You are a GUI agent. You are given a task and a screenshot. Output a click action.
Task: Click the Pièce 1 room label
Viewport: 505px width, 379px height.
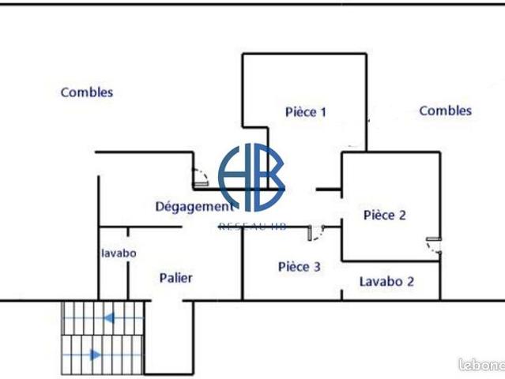coord(306,112)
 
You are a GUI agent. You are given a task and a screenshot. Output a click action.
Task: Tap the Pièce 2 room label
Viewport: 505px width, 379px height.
coord(384,215)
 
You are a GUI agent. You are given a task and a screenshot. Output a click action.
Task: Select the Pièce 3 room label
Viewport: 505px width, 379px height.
coord(300,267)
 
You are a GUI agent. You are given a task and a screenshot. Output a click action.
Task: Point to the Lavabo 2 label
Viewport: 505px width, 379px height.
coord(386,281)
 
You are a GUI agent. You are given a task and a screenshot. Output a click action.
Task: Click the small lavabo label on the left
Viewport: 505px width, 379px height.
coord(119,253)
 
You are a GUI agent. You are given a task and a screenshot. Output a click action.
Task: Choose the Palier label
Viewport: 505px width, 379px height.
coord(175,278)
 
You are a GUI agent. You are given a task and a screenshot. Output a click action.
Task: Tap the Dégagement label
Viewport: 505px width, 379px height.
coord(194,207)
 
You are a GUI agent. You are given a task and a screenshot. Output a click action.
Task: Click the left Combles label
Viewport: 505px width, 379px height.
coord(87,92)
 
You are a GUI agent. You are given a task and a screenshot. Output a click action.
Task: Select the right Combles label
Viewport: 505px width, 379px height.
coord(445,111)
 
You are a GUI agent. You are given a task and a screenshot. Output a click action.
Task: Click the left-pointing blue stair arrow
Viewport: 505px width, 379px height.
coord(109,319)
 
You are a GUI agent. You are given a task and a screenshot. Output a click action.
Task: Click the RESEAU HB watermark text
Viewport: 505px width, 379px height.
coord(252,227)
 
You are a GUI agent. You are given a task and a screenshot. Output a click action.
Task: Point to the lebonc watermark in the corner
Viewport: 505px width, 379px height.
coord(481,366)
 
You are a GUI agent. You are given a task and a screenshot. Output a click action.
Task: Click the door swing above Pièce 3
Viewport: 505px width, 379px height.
coord(317,232)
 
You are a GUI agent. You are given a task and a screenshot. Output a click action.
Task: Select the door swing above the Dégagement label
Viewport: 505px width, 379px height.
coord(201,178)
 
